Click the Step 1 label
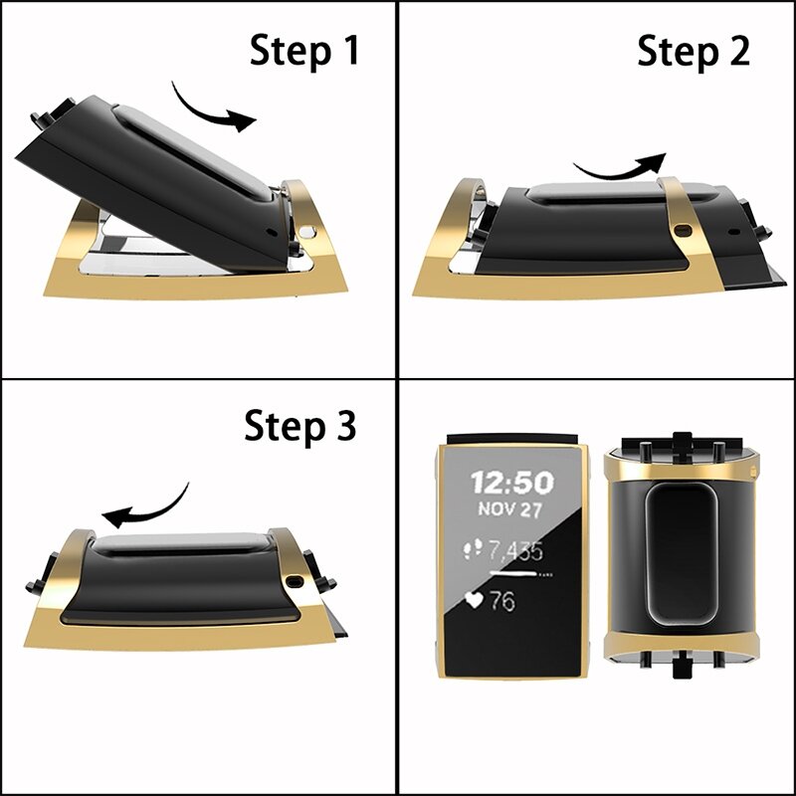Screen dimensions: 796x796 pyautogui.click(x=303, y=50)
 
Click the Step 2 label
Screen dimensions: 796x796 pyautogui.click(x=694, y=50)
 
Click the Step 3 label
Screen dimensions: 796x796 pyautogui.click(x=299, y=427)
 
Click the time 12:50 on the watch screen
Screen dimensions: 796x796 pyautogui.click(x=512, y=484)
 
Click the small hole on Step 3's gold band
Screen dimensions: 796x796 pyautogui.click(x=296, y=579)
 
